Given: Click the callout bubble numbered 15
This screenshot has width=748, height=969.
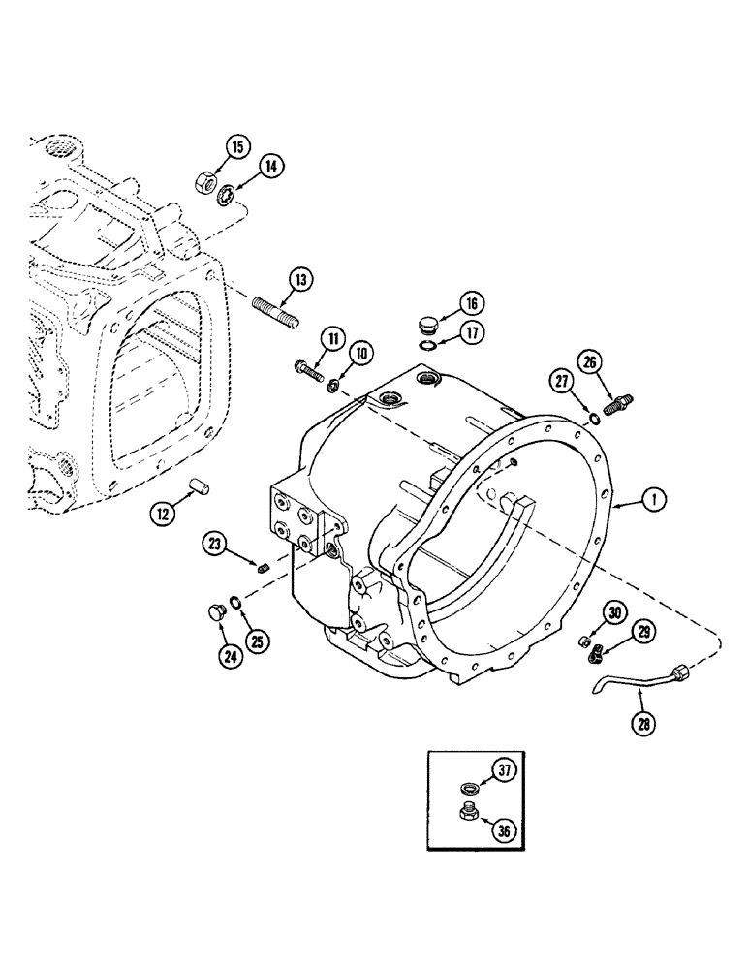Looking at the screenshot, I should tap(237, 147).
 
